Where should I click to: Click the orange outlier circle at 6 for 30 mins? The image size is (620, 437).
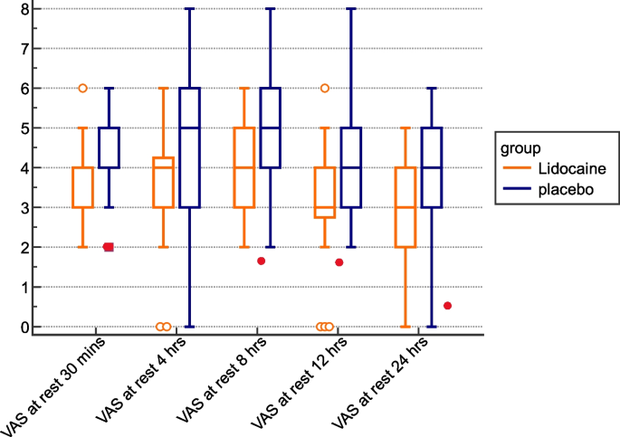pyautogui.click(x=82, y=88)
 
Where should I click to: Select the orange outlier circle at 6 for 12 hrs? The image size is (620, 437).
pyautogui.click(x=325, y=88)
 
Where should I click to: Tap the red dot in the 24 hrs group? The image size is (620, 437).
pyautogui.click(x=447, y=306)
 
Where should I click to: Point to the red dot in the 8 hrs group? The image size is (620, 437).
pyautogui.click(x=261, y=261)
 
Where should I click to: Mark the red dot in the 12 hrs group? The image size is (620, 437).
pyautogui.click(x=339, y=262)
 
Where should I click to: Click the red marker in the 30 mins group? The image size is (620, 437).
pyautogui.click(x=109, y=247)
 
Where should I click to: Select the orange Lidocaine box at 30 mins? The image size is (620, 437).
pyautogui.click(x=83, y=187)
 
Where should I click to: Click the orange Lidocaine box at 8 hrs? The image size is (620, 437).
pyautogui.click(x=244, y=167)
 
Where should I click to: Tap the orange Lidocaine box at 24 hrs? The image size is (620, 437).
pyautogui.click(x=405, y=207)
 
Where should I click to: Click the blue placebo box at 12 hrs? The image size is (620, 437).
pyautogui.click(x=351, y=167)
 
